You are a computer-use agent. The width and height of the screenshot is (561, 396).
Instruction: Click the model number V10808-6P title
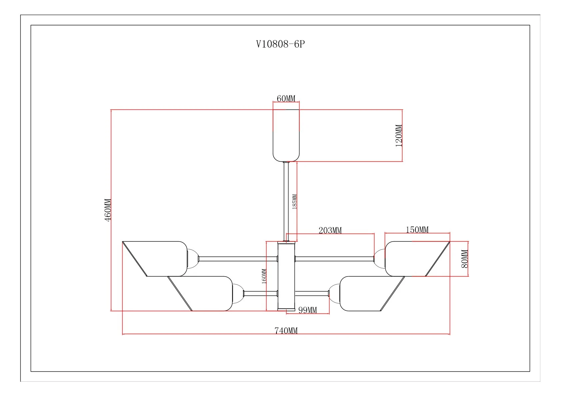pyautogui.click(x=280, y=44)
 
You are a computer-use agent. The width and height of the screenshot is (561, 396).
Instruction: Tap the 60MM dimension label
pyautogui.click(x=286, y=98)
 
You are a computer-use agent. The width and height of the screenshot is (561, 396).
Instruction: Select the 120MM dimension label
pyautogui.click(x=399, y=136)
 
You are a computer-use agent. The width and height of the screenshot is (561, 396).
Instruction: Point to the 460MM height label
pyautogui.click(x=108, y=210)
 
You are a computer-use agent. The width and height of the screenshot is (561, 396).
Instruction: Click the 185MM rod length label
pyautogui.click(x=294, y=202)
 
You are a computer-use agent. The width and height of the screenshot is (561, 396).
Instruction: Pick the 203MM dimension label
pyautogui.click(x=330, y=230)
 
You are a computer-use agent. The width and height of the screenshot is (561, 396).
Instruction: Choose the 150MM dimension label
pyautogui.click(x=417, y=229)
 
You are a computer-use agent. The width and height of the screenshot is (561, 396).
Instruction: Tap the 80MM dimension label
pyautogui.click(x=465, y=259)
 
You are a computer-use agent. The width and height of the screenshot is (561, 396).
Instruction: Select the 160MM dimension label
pyautogui.click(x=264, y=276)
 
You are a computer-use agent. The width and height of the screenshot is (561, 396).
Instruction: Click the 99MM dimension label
pyautogui.click(x=307, y=310)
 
